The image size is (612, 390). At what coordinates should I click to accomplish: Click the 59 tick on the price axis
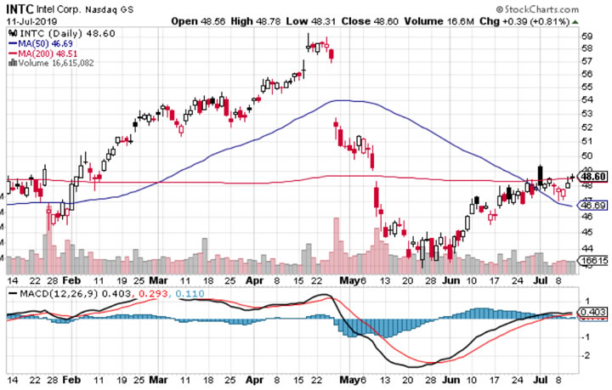[x=586, y=37]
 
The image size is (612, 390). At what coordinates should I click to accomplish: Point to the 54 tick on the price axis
[x=586, y=100]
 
